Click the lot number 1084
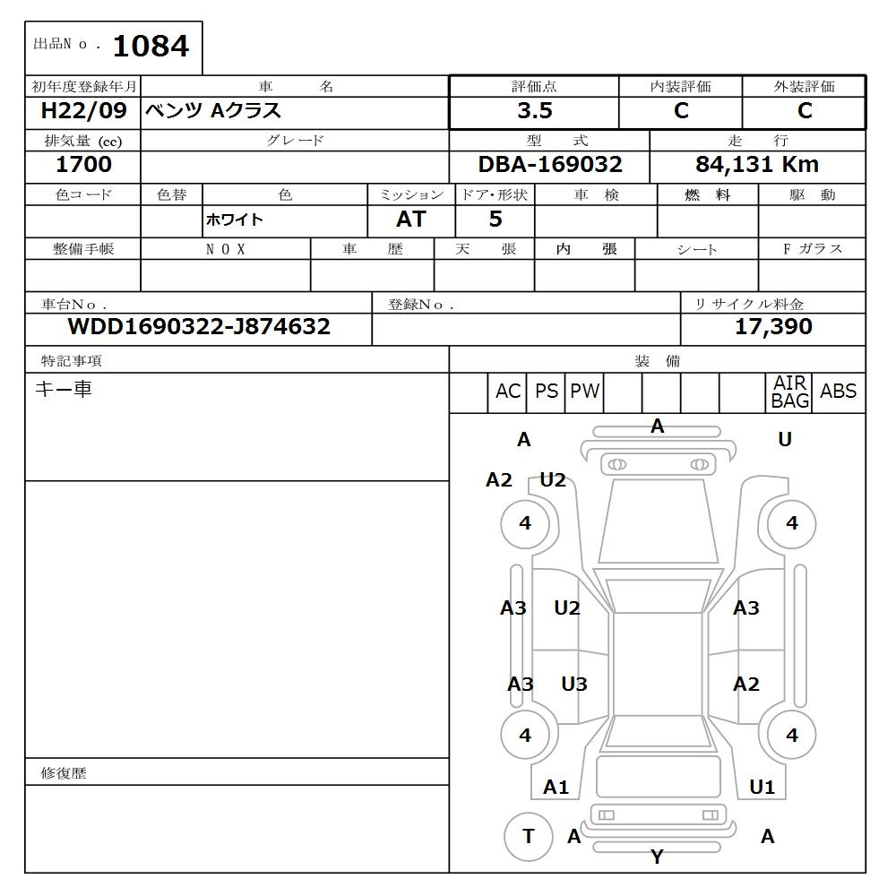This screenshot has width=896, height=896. coord(151,46)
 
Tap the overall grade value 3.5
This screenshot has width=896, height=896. coord(534,111)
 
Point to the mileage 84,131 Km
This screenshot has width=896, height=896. coord(757,165)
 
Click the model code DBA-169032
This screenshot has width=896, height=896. coord(550,165)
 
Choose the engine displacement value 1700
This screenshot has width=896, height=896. coord(83,165)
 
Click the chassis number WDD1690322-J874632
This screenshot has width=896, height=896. coord(199,327)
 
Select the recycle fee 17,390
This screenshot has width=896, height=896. coord(773,327)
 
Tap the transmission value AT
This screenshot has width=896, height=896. coord(410,220)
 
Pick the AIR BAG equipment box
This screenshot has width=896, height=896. coord(789,392)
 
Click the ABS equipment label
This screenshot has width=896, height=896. coord(838,392)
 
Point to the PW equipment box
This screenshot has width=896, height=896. coord(584,392)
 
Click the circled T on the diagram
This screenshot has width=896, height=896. coord(528,837)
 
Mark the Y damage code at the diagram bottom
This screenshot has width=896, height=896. coord(657,857)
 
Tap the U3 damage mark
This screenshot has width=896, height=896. coord(574,685)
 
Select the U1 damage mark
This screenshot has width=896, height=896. coord(762,788)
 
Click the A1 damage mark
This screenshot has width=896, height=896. coord(556,788)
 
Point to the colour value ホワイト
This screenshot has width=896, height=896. coord(235,220)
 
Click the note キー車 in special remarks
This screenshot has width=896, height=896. coord(63,390)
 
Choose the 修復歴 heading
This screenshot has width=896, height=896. coord(64,773)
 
